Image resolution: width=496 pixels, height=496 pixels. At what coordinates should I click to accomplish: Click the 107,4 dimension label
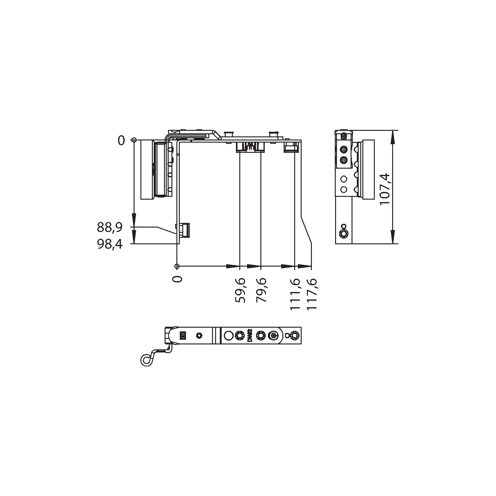coord(386,188)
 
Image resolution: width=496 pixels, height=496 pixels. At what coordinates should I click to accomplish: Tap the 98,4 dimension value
coord(109,245)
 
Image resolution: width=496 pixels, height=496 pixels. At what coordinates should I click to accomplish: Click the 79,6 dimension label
coord(261,290)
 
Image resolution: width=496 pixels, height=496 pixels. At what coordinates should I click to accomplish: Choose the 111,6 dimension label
coord(295,294)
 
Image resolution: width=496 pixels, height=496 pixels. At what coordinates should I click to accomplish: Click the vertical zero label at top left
coord(121,141)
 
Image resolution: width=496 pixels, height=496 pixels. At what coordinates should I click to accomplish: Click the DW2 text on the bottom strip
coord(250,336)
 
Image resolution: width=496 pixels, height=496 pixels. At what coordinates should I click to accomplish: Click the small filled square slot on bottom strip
coord(183,335)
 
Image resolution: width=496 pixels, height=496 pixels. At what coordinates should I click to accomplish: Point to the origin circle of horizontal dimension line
coord(177,266)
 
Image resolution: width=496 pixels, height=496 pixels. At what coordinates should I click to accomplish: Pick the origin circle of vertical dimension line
coord(134,140)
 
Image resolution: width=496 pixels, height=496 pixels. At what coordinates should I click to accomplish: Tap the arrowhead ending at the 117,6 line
coord(305,266)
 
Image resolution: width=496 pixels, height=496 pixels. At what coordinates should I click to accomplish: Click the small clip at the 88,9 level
coord(185,230)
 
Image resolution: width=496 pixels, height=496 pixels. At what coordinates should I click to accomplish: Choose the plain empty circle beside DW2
coord(228,335)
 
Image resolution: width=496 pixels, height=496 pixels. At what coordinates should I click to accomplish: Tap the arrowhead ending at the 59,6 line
coord(233,266)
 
